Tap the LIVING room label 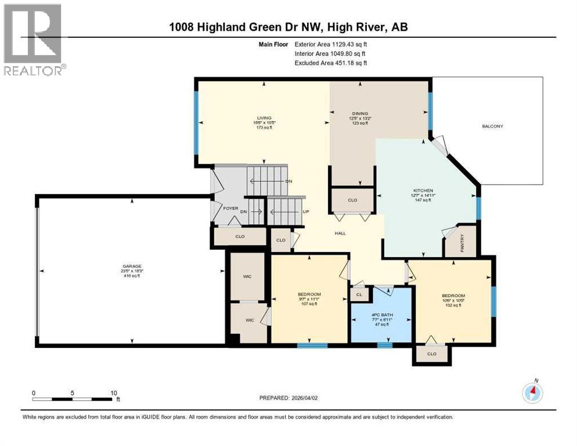[264, 118]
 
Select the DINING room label [360, 114]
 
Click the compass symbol [532, 393]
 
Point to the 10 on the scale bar [114, 393]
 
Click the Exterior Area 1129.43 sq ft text [331, 44]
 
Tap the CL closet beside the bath [359, 294]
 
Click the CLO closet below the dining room [352, 200]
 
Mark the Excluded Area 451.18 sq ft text [331, 63]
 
